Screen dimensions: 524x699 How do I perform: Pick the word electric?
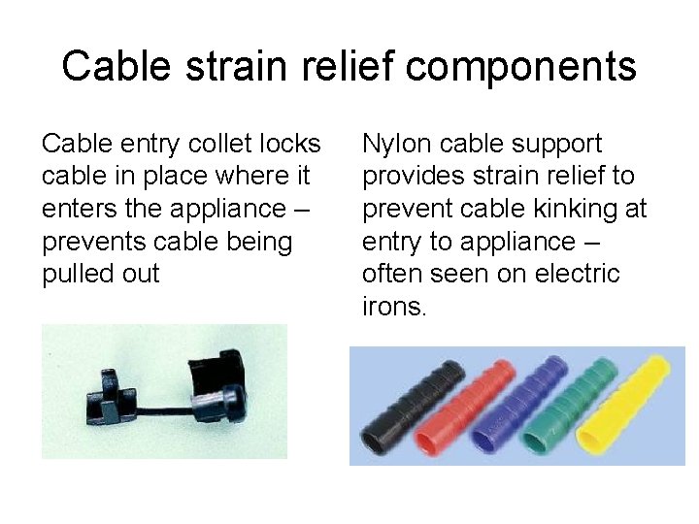pyautogui.click(x=572, y=275)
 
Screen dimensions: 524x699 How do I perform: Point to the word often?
pyautogui.click(x=395, y=275)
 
